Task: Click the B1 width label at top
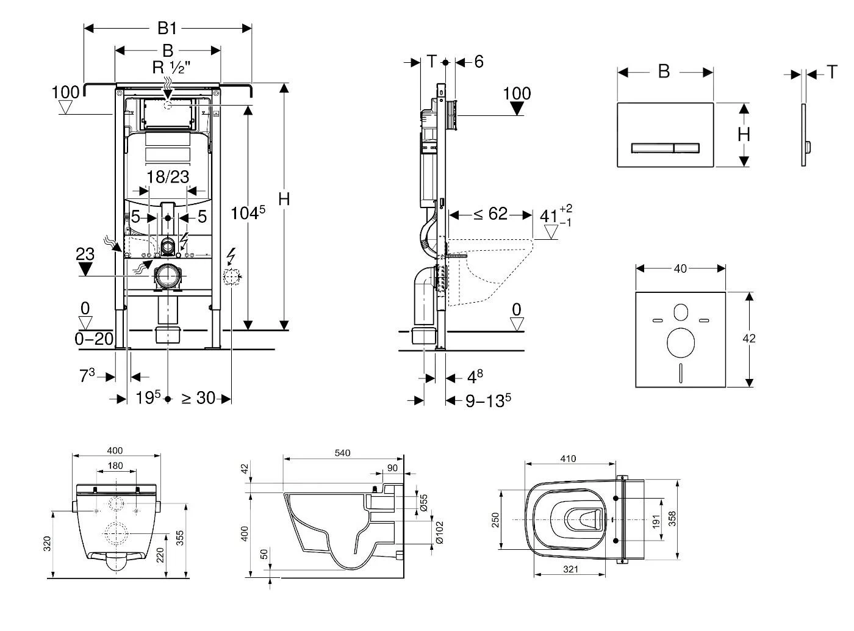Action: (167, 28)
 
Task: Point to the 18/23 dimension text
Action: (168, 177)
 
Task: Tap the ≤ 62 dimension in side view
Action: (490, 214)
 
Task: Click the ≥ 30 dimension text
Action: (198, 398)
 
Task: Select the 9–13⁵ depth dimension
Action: (488, 400)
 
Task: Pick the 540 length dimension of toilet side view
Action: (342, 453)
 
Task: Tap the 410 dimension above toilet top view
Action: (568, 459)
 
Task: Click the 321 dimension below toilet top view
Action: (570, 569)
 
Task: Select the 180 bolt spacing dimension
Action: (115, 466)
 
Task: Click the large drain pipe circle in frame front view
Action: (167, 277)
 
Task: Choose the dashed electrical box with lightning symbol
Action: (231, 278)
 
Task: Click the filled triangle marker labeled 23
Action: (85, 269)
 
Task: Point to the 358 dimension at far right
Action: (672, 518)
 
